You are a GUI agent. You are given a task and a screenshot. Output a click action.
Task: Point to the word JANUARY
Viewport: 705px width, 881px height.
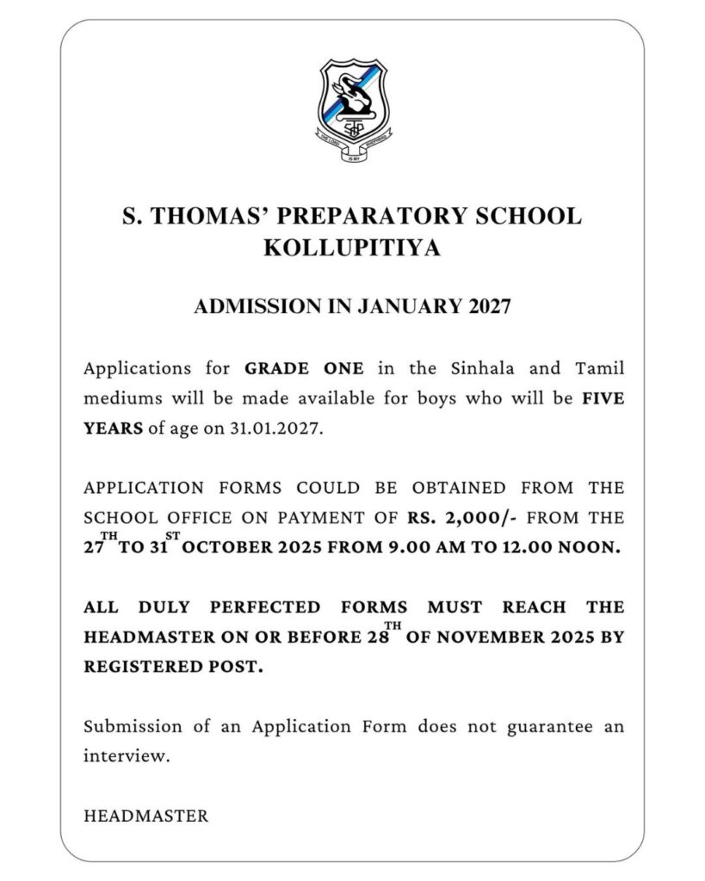coord(413,307)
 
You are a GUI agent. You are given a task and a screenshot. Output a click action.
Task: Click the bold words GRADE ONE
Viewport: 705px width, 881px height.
coord(305,369)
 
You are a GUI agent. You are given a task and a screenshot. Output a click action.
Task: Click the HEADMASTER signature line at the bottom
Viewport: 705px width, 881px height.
coord(146,815)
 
